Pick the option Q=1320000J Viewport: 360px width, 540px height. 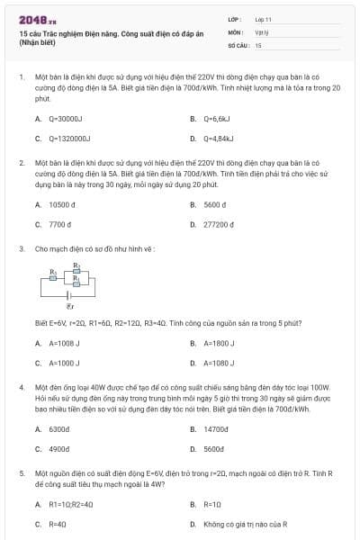point(69,139)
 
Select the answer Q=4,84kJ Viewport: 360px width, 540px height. point(220,139)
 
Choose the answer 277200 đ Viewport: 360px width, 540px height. point(220,224)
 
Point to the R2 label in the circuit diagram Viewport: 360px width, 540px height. point(76,265)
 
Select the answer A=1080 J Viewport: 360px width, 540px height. point(220,363)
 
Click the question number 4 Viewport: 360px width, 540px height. point(21,385)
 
